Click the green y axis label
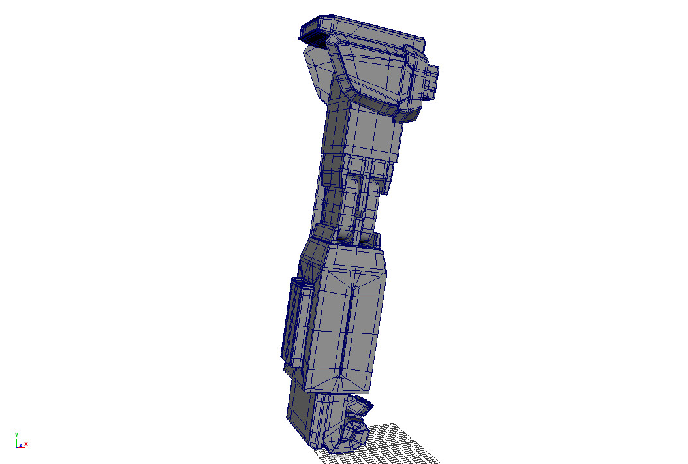(16, 434)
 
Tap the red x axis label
(26, 444)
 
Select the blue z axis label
(21, 445)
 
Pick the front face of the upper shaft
(369, 134)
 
